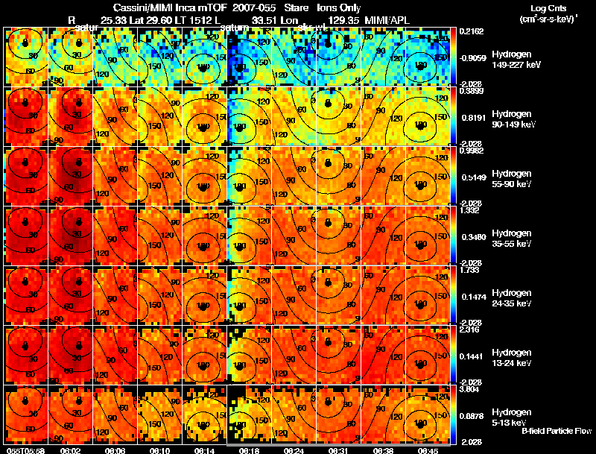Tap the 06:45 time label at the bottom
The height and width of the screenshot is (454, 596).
(x=428, y=450)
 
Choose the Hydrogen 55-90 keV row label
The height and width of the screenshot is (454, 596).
(x=491, y=179)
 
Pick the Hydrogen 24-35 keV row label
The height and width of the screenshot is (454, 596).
(x=491, y=298)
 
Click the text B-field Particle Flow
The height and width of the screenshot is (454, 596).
(x=557, y=431)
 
